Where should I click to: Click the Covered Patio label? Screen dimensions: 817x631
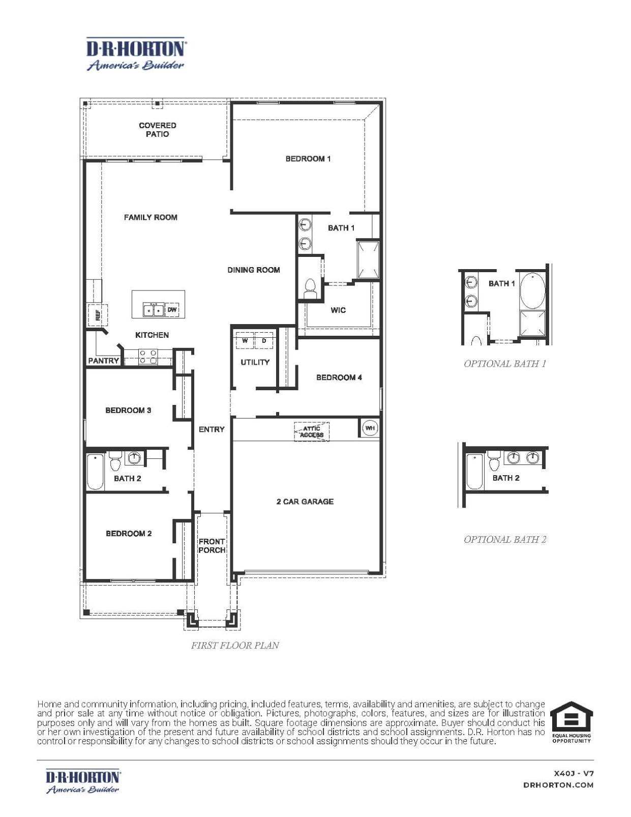coord(158,130)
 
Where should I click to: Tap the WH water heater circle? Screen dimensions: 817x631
coord(370,428)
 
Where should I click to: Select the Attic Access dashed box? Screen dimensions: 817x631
coord(312,432)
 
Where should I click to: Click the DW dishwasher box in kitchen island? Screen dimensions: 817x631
coord(172,309)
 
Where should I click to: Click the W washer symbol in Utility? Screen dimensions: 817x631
coord(245,340)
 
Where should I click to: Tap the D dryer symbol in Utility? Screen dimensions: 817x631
coord(264,340)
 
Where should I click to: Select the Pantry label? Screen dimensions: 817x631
coord(103,361)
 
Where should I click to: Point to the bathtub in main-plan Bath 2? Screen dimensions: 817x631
coord(95,472)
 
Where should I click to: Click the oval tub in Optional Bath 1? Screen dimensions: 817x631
coord(532,290)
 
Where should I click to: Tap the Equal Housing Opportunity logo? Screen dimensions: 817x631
coord(572,722)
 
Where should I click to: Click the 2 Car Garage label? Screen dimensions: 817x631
coord(305,502)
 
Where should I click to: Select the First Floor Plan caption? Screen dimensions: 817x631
coord(235,645)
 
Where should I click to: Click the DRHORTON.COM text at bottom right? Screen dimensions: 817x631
coord(558,785)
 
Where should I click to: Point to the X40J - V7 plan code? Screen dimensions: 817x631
coord(574,773)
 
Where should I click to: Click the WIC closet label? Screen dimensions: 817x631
coord(338,310)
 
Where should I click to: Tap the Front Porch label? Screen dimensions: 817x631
coord(212,546)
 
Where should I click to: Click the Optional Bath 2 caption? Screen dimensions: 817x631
coord(505,539)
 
